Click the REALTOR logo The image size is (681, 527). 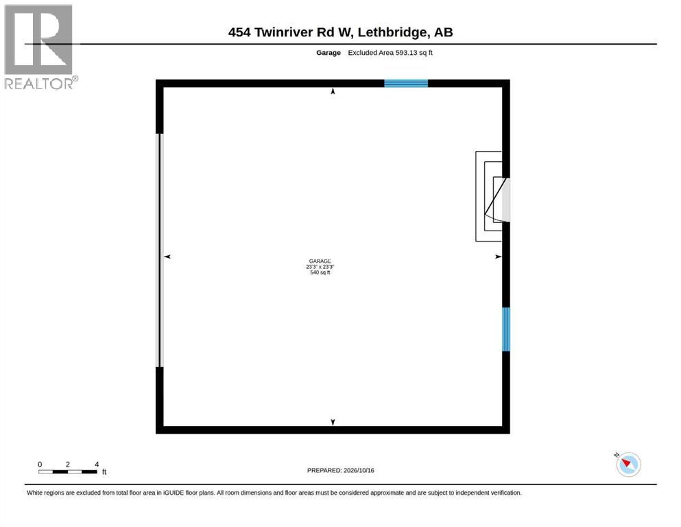click(x=40, y=47)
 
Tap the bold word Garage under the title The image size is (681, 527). click(x=328, y=53)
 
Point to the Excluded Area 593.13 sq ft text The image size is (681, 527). click(x=390, y=53)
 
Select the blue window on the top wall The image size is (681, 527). click(x=406, y=84)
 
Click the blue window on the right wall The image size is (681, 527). click(x=506, y=329)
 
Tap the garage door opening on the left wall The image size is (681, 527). click(x=159, y=250)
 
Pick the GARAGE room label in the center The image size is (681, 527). click(x=320, y=261)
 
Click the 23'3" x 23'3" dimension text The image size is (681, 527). click(x=320, y=267)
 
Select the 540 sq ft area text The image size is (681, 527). click(x=320, y=272)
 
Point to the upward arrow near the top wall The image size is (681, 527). click(x=333, y=91)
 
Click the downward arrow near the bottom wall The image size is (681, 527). click(x=333, y=422)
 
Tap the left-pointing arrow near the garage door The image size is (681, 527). click(x=167, y=257)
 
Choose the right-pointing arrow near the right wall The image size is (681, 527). click(x=499, y=257)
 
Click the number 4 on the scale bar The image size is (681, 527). click(x=97, y=465)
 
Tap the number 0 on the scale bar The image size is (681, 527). click(x=40, y=465)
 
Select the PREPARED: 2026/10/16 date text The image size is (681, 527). click(x=340, y=470)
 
